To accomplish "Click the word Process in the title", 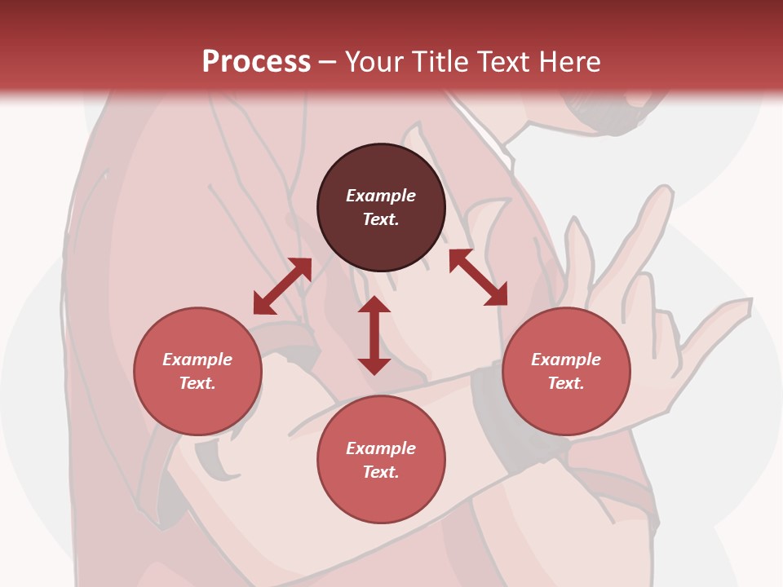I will tap(256, 62).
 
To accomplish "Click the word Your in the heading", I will tap(376, 62).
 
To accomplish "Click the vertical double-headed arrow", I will tap(374, 335).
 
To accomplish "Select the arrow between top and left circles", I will tap(282, 285).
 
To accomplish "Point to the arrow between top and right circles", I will tap(478, 277).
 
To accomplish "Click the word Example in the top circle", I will tap(381, 196).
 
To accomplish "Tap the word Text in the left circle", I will tap(197, 383).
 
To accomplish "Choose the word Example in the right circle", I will tap(566, 360).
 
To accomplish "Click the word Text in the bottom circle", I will tap(381, 472).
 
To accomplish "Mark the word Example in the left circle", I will tap(197, 360).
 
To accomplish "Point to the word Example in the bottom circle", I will tap(381, 448).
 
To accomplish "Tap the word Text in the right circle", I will tap(566, 383).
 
